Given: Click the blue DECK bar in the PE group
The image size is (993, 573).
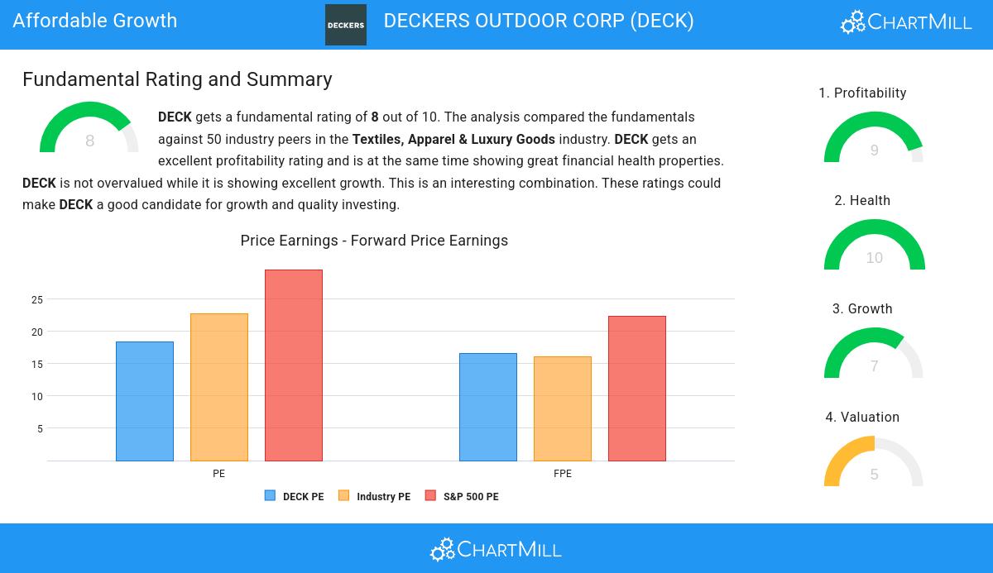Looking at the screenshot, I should tap(145, 401).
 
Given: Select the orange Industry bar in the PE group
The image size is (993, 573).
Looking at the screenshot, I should tap(219, 387).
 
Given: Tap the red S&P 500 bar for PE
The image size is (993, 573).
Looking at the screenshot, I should tap(294, 365).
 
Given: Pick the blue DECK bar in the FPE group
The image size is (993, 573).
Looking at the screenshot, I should tap(488, 407).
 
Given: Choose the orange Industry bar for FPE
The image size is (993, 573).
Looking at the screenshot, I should tap(563, 408).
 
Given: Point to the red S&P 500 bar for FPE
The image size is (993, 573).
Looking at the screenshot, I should tap(637, 388).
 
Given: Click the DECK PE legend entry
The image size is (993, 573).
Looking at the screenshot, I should tap(295, 496).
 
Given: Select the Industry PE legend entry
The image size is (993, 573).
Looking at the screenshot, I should tap(375, 496).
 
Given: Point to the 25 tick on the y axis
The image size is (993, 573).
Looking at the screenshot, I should tap(37, 299).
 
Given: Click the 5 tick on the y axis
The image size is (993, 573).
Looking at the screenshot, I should tap(40, 429).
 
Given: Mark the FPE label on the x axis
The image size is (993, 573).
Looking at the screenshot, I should tap(563, 474).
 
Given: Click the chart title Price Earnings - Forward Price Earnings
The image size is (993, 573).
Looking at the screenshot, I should tap(374, 241).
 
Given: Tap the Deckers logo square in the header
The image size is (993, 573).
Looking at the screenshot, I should tap(346, 25).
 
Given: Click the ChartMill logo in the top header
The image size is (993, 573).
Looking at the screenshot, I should tap(906, 22).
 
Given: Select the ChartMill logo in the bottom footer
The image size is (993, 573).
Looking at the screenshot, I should tap(496, 549).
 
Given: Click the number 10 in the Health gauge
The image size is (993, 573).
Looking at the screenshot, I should tap(874, 258).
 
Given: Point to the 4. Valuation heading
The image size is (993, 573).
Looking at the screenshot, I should tap(862, 417).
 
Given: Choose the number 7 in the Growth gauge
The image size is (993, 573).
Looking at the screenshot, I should tap(874, 366).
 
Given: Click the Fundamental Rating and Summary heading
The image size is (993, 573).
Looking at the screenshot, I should tap(177, 79).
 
